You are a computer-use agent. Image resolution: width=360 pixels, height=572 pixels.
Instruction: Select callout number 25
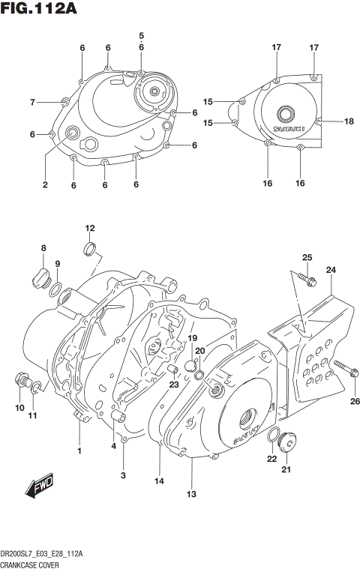pyautogui.click(x=307, y=258)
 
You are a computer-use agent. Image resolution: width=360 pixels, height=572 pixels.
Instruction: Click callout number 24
pyautogui.click(x=331, y=270)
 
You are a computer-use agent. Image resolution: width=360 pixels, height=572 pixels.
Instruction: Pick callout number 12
pyautogui.click(x=90, y=228)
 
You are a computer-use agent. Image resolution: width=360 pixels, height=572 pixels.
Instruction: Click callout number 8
pyautogui.click(x=43, y=248)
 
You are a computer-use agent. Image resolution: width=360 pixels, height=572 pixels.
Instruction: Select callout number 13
pyautogui.click(x=191, y=494)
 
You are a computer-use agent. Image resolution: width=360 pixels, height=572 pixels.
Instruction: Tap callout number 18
pyautogui.click(x=348, y=121)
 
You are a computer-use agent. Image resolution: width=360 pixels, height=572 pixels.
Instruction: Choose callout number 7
pyautogui.click(x=32, y=102)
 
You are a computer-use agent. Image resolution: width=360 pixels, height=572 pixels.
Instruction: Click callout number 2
pyautogui.click(x=44, y=185)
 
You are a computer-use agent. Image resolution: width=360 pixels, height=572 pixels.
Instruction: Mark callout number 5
pyautogui.click(x=141, y=36)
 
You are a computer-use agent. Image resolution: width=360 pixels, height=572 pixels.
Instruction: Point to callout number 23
pyautogui.click(x=174, y=385)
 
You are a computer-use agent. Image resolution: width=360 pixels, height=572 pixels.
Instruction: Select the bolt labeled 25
pyautogui.click(x=308, y=280)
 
